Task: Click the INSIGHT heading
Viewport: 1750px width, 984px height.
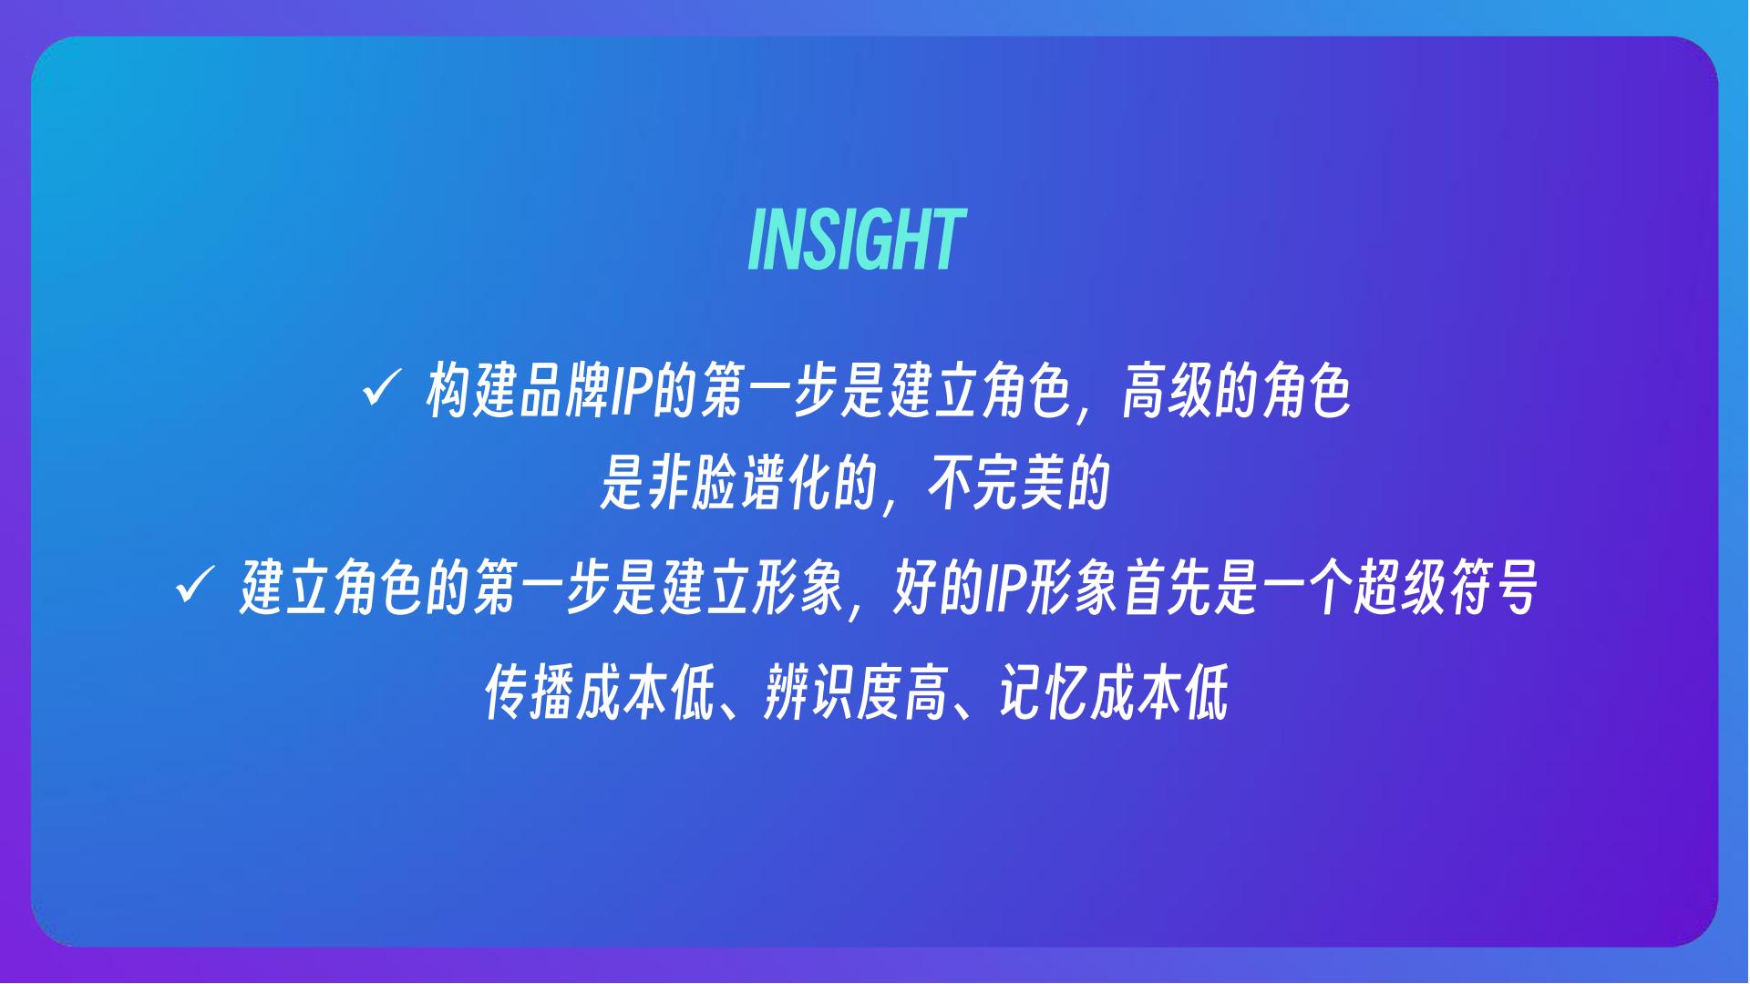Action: coord(855,240)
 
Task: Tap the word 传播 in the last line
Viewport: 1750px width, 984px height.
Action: coord(529,692)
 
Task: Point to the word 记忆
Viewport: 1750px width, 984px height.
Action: coord(1044,692)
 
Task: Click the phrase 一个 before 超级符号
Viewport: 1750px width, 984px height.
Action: coord(1307,588)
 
